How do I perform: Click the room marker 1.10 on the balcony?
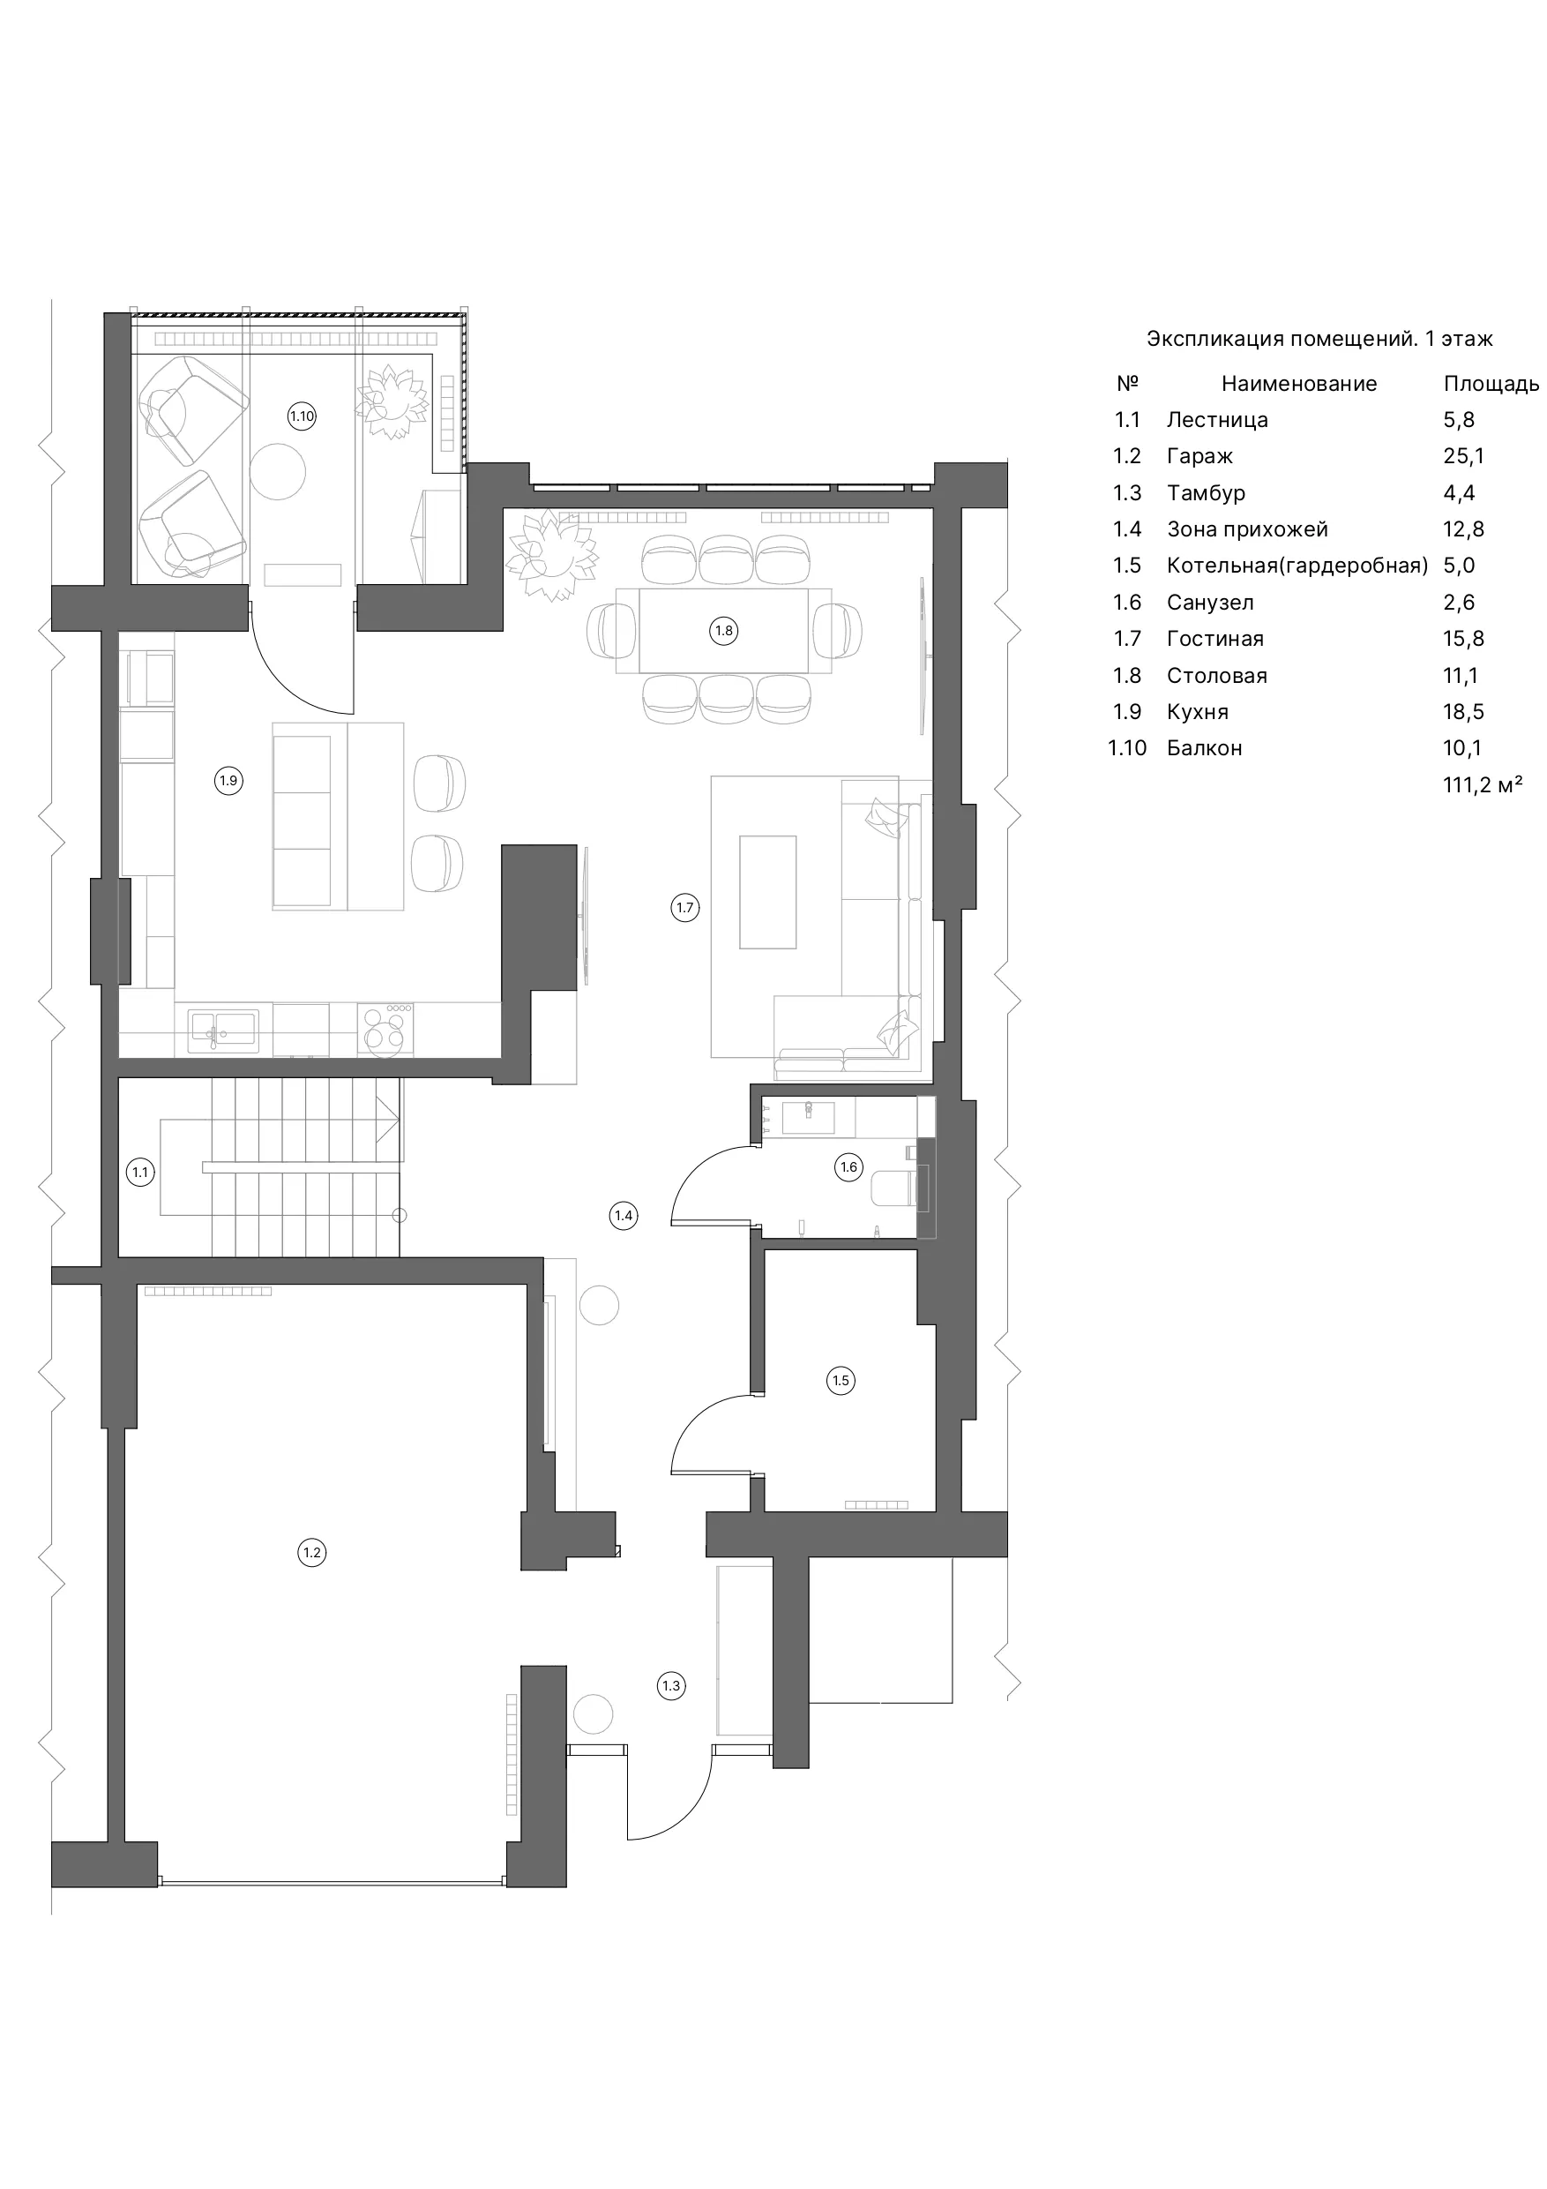tap(303, 416)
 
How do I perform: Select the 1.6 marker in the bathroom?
tap(848, 1167)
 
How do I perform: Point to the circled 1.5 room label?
tap(841, 1380)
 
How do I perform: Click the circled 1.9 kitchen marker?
tap(228, 781)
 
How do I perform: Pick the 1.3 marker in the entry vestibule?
tap(672, 1685)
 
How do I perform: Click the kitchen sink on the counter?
tap(222, 1030)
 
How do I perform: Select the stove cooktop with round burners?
tap(386, 1030)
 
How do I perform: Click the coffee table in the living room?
tap(768, 892)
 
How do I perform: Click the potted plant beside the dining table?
tap(552, 556)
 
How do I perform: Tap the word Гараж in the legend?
tap(1200, 457)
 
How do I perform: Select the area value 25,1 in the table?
tap(1463, 457)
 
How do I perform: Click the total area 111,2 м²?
tap(1483, 784)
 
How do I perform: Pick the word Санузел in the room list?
tap(1211, 603)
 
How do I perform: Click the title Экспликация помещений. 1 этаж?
tap(1319, 340)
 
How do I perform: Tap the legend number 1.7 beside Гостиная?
tap(1126, 639)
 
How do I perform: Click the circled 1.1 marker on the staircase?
tap(141, 1173)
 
